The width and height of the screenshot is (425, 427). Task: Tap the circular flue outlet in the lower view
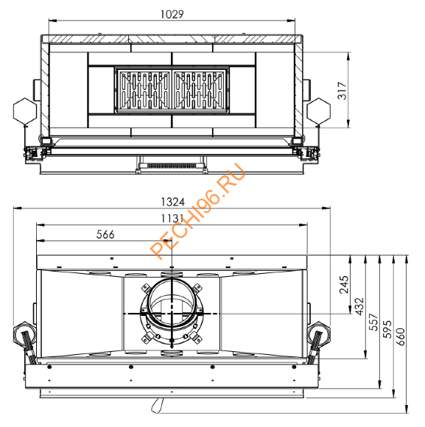[171, 311]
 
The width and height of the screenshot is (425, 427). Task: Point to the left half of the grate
[144, 91]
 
